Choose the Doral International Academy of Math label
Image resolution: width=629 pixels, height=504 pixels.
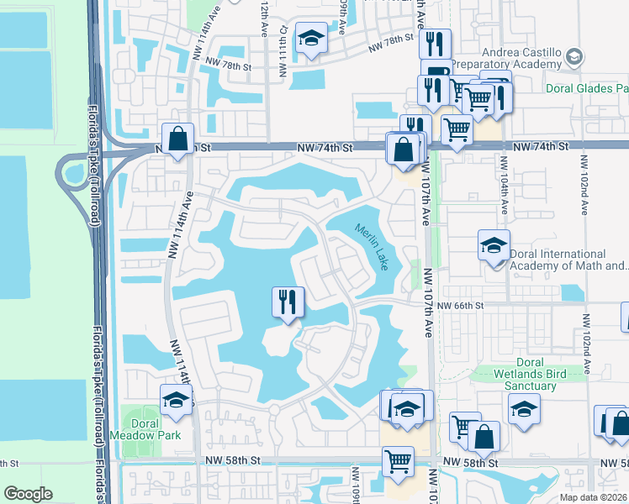click(566, 260)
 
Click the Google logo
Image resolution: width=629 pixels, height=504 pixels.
click(28, 494)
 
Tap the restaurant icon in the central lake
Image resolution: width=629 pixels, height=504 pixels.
click(288, 302)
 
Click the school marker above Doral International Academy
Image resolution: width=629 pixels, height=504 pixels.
click(494, 246)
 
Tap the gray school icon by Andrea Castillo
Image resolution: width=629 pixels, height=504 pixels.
click(574, 56)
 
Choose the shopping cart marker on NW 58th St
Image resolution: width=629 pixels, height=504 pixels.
click(398, 460)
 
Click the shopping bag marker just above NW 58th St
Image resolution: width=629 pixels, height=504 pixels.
click(484, 436)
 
